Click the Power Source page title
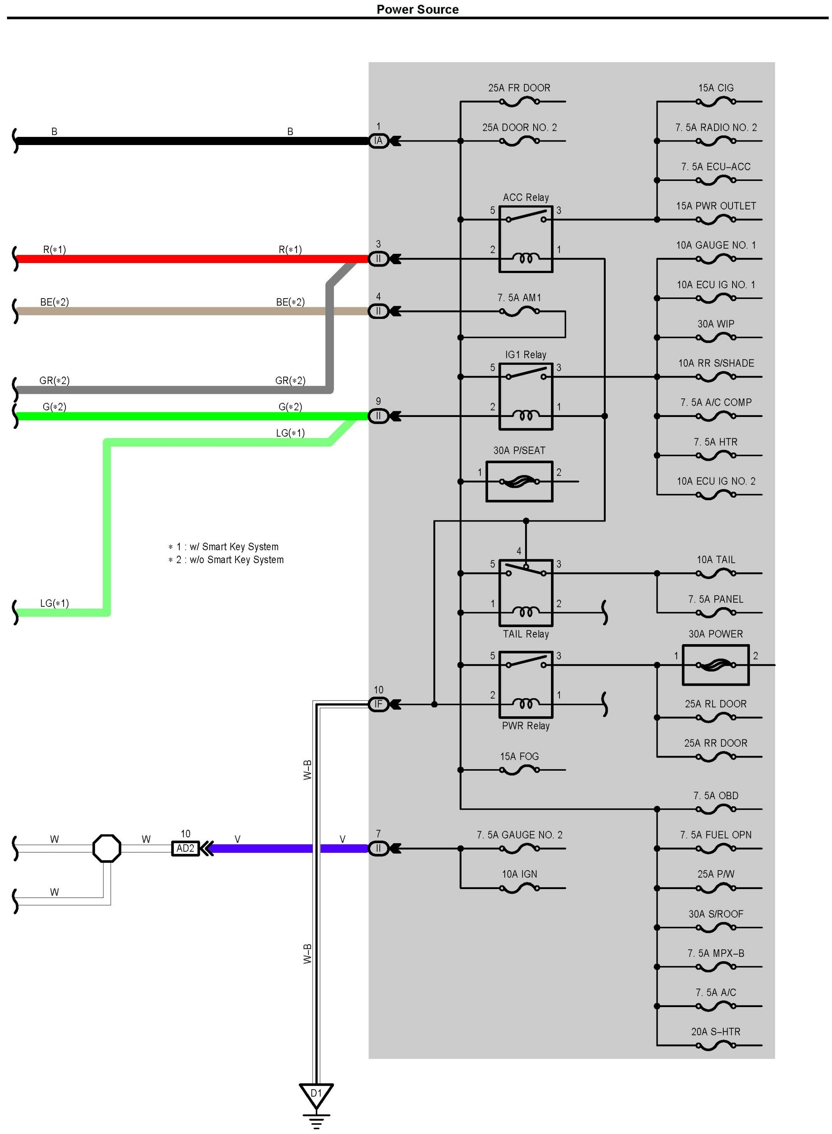[x=418, y=9]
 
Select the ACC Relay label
[x=526, y=197]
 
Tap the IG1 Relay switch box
[x=526, y=397]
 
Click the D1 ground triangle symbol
[x=316, y=1095]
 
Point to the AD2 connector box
[x=185, y=848]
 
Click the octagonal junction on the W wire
[x=107, y=848]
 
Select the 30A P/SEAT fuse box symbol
[x=519, y=482]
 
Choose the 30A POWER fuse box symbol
[x=716, y=665]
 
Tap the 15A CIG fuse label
[x=716, y=88]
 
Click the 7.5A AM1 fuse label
[x=519, y=298]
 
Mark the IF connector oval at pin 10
[x=378, y=704]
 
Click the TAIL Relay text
[x=526, y=634]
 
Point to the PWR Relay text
[x=526, y=726]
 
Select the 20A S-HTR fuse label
[x=716, y=1032]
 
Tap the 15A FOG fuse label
[x=519, y=757]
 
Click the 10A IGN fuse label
[x=519, y=874]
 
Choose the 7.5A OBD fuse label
[x=716, y=796]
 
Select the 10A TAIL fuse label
[x=716, y=560]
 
